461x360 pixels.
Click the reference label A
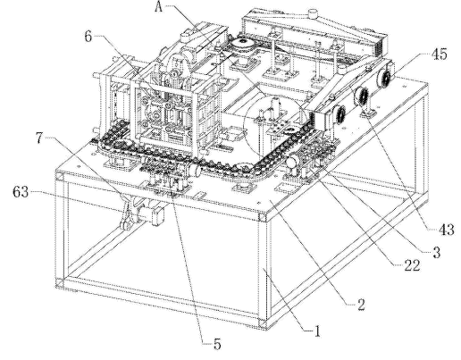[x=159, y=7]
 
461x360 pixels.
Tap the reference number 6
[x=88, y=37]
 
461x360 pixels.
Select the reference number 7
[x=39, y=138]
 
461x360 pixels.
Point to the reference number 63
[x=21, y=192]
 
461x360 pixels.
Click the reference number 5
[x=217, y=345]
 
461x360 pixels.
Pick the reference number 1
[x=317, y=331]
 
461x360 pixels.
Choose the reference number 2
[x=361, y=305]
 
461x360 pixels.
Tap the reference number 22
[x=412, y=265]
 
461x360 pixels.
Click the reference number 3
[x=436, y=253]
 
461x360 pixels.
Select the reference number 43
[x=446, y=230]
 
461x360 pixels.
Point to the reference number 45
[x=439, y=54]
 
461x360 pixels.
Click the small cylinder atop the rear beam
[x=313, y=13]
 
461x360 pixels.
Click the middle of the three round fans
[x=361, y=96]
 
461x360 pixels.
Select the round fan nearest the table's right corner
[x=384, y=78]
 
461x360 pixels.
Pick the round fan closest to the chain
[x=339, y=116]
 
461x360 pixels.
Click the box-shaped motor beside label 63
[x=158, y=215]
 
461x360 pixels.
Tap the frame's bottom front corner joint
[x=263, y=323]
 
